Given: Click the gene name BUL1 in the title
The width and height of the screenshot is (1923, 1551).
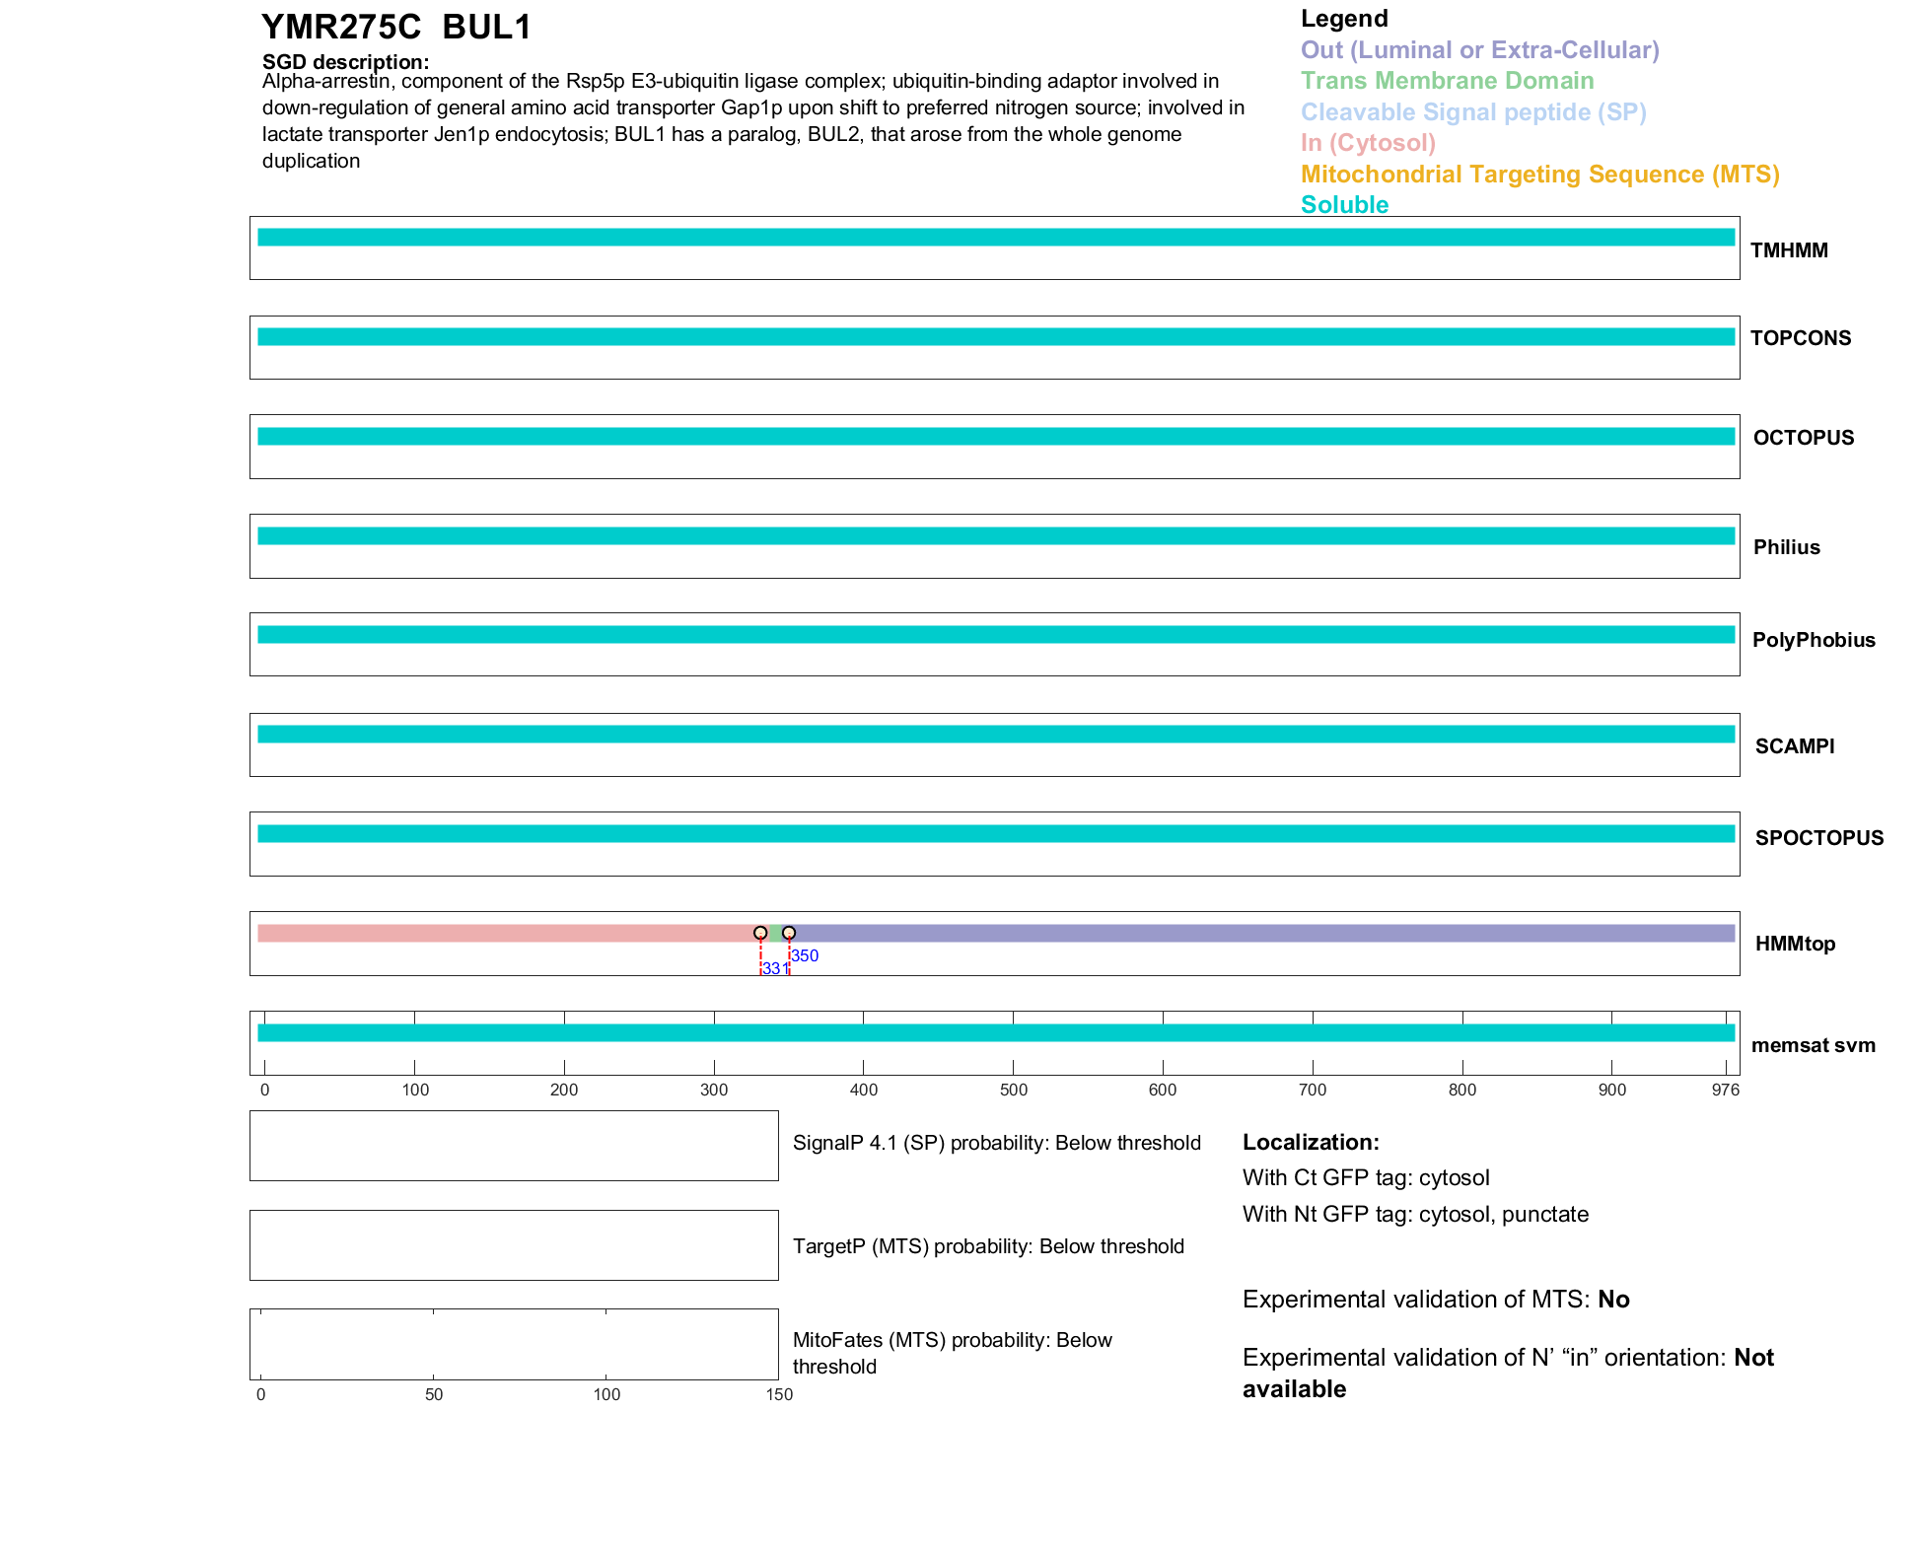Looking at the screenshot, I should point(487,28).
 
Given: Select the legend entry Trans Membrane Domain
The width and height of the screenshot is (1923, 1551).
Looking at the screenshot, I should point(1447,81).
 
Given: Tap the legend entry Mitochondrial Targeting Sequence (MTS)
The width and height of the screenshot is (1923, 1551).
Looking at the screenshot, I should point(1539,175).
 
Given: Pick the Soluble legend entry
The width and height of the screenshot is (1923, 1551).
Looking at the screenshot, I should point(1344,205).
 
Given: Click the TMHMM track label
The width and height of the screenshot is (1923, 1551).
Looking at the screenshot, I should point(1788,250).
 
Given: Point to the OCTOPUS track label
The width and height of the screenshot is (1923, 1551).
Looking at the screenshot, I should point(1803,438).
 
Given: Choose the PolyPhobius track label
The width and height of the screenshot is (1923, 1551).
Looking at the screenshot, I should point(1813,640).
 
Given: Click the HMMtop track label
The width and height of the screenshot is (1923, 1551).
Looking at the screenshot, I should point(1795,944).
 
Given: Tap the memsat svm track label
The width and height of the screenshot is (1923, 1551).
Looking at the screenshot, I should point(1813,1045).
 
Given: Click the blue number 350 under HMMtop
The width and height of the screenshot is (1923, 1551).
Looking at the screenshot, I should point(805,955).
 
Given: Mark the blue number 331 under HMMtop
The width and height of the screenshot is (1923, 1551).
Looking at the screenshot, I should point(775,968).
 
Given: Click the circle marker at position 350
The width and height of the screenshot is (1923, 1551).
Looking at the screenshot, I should point(789,933).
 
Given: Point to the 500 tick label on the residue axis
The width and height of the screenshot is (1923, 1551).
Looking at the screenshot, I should point(1013,1090).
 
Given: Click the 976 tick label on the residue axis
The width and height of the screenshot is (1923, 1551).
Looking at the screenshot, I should point(1725,1090).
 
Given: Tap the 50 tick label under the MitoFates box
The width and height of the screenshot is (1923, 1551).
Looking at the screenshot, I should point(434,1394).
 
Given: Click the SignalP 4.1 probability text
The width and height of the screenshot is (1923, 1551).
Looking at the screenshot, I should point(996,1143).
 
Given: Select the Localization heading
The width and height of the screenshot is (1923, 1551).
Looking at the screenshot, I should point(1311,1142).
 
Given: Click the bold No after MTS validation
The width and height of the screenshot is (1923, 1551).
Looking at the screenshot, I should point(1613,1300).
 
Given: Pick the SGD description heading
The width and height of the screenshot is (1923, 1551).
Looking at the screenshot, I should point(345,62).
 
